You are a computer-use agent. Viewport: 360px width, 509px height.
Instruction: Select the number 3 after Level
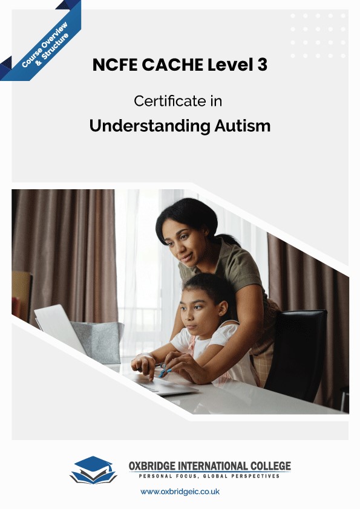[x=261, y=65]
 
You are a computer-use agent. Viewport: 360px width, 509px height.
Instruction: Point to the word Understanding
[x=142, y=126]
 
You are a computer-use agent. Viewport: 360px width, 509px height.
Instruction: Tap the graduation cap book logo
[x=93, y=470]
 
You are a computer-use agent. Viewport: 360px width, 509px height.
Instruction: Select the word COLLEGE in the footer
[x=269, y=466]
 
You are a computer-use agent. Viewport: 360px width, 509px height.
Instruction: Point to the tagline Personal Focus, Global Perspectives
[x=209, y=476]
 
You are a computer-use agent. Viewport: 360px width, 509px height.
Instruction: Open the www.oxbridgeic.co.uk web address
[x=180, y=491]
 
